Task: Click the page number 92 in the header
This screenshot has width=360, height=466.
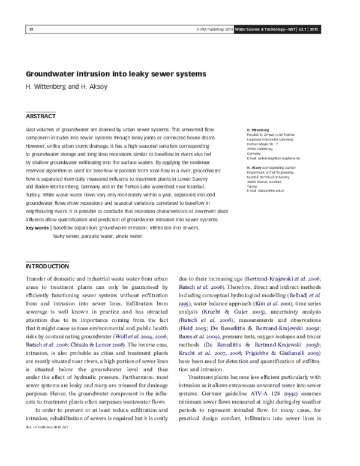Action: [31, 29]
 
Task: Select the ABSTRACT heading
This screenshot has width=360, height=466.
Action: [41, 116]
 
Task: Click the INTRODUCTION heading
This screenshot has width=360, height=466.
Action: [47, 266]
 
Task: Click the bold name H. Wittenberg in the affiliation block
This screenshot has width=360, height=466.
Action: [257, 129]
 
